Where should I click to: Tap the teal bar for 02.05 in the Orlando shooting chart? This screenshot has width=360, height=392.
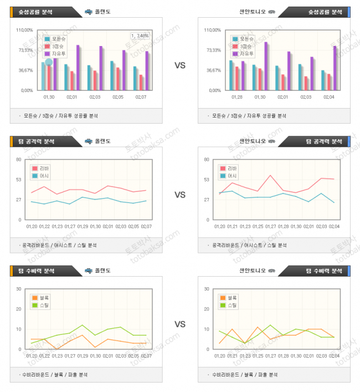tap(112, 75)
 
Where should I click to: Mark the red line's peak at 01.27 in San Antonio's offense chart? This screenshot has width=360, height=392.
tap(270, 176)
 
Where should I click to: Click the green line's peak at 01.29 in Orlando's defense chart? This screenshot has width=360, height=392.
tap(82, 325)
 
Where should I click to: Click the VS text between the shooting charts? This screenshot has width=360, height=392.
tap(180, 65)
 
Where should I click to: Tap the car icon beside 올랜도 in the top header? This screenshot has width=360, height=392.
tap(89, 12)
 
